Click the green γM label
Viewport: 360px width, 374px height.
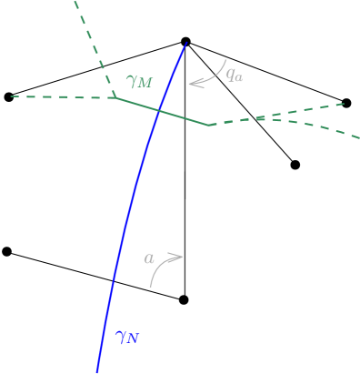coord(139,81)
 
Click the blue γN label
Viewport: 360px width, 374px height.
coord(126,338)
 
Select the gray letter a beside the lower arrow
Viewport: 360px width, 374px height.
coord(149,258)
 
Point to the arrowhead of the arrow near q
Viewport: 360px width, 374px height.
coord(192,84)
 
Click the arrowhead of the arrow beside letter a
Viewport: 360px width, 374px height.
coord(180,257)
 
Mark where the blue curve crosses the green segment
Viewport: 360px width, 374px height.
coord(159,111)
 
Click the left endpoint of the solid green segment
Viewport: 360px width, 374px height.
coord(114,97)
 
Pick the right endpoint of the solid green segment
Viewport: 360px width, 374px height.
coord(209,126)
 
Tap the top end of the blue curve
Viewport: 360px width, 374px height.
coord(186,42)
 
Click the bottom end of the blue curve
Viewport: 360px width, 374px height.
coord(97,371)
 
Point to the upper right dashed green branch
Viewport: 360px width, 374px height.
coord(305,110)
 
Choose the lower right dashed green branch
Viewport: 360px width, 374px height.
coord(314,128)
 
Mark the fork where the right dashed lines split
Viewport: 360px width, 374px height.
coord(261,117)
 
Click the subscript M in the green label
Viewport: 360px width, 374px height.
coord(145,84)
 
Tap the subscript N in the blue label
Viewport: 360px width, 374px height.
coord(133,340)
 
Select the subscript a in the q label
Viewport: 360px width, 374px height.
coord(239,77)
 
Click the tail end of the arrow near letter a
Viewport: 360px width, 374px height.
coord(151,286)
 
